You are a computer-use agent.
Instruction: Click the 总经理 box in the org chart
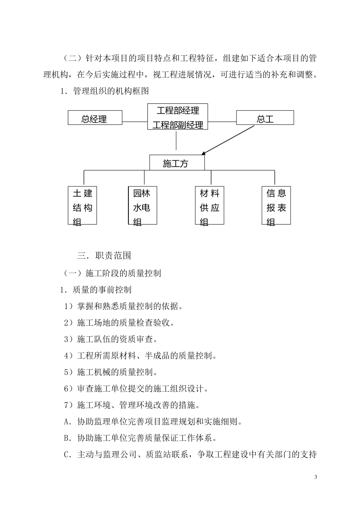pyautogui.click(x=95, y=118)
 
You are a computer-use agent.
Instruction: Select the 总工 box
pyautogui.click(x=265, y=118)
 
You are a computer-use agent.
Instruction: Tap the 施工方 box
pyautogui.click(x=177, y=163)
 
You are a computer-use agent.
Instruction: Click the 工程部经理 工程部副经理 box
pyautogui.click(x=178, y=117)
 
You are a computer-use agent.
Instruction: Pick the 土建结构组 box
pyautogui.click(x=83, y=205)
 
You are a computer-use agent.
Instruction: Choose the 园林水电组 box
pyautogui.click(x=142, y=205)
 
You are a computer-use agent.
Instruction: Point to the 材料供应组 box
pyautogui.click(x=210, y=205)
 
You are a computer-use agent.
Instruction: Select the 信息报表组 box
pyautogui.click(x=276, y=205)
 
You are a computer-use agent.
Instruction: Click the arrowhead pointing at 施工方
pyautogui.click(x=203, y=153)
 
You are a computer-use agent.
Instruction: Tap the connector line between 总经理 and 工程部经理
pyautogui.click(x=135, y=122)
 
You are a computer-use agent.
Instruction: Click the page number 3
pyautogui.click(x=316, y=477)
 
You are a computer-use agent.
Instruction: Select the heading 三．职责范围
pyautogui.click(x=104, y=256)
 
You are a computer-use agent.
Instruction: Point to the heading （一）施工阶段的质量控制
pyautogui.click(x=112, y=273)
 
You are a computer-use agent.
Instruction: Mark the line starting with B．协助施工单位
pyautogui.click(x=141, y=438)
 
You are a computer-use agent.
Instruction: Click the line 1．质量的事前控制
pyautogui.click(x=96, y=290)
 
